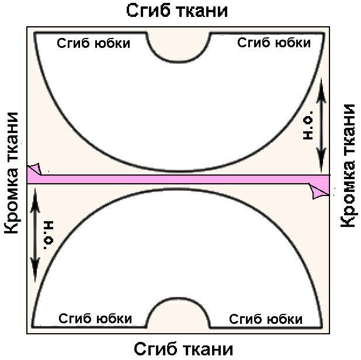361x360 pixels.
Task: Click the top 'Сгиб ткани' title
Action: coord(177,11)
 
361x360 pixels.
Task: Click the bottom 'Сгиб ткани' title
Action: coord(183,349)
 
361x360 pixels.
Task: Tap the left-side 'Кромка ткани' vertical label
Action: coord(12,173)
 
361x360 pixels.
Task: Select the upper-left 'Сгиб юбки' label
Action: coord(93,43)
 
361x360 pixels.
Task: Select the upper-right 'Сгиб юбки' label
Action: coord(274,43)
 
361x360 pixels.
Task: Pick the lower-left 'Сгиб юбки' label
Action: coord(95,319)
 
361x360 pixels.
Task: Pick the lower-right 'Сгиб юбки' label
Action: coord(266,319)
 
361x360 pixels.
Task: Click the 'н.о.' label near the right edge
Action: coord(308,125)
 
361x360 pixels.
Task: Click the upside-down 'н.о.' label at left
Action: coord(49,235)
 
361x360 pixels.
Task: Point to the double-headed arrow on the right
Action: coord(321,125)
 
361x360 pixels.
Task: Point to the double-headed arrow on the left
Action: coord(35,235)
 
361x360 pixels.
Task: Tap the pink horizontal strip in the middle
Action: coord(178,179)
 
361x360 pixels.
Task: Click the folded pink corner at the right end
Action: coord(320,191)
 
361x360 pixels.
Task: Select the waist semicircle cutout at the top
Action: coord(179,62)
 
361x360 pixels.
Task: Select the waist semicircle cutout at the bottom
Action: coord(178,298)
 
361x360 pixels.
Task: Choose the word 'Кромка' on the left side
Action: coord(12,195)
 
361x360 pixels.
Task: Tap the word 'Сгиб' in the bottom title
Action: coord(157,349)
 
